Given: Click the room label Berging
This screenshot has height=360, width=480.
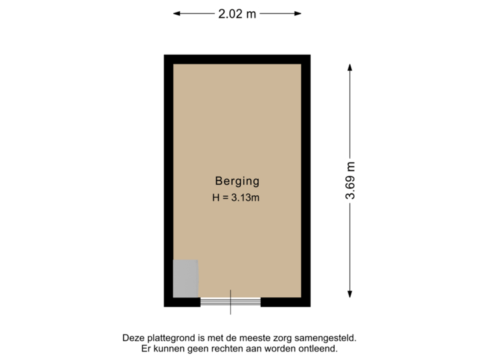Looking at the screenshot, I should pos(237,180).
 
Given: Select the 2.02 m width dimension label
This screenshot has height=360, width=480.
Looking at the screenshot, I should pos(237,13).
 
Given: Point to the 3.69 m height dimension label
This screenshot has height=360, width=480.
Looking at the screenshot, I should pos(350,181).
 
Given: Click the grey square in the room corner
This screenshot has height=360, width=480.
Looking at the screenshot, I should pos(185,278).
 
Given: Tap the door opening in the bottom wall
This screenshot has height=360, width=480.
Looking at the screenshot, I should pos(231,302).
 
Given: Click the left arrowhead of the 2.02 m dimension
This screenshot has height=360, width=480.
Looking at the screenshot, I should pos(176,13).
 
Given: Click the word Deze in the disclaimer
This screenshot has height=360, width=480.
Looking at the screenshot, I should pos(132,337).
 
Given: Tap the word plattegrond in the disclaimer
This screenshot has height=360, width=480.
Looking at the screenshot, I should pos(167,337).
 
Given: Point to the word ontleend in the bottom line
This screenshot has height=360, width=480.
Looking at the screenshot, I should pos(319,348).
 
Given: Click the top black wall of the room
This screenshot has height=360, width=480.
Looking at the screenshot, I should pos(237,59).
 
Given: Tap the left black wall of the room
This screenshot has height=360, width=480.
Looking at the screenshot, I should pos(168,180).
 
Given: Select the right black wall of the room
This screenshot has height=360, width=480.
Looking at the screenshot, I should pos(306,180).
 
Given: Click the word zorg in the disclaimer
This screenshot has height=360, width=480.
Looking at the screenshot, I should pos(289,337).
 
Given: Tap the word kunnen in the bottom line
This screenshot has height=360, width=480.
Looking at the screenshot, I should pos(167,348).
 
